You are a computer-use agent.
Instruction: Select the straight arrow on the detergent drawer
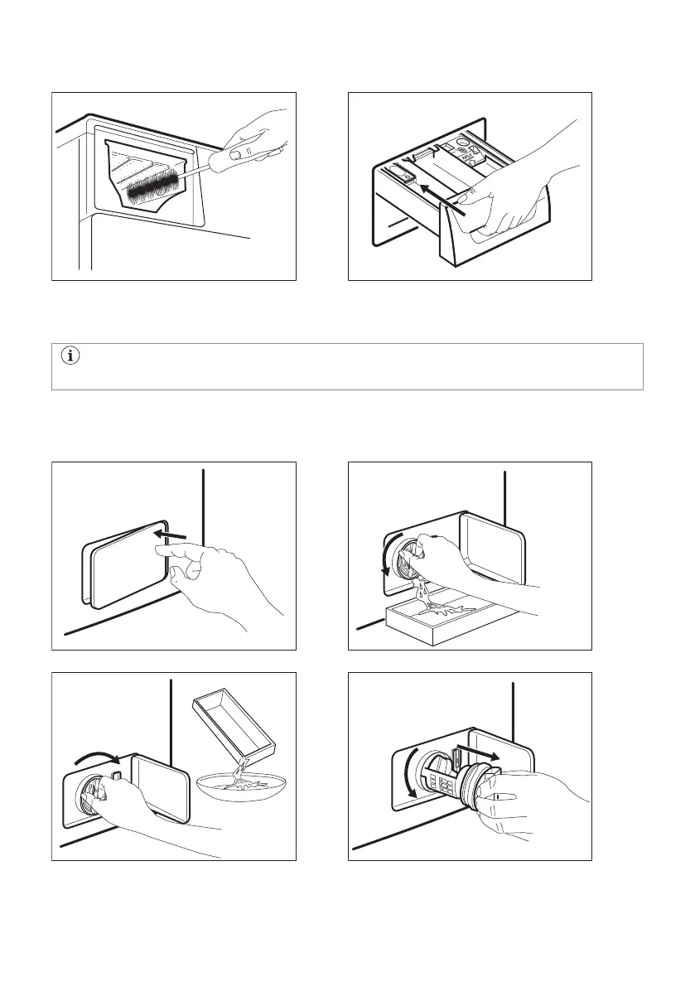click(x=439, y=199)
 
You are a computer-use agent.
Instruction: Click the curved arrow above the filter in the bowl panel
click(x=97, y=757)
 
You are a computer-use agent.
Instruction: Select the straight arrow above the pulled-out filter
click(x=478, y=753)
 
